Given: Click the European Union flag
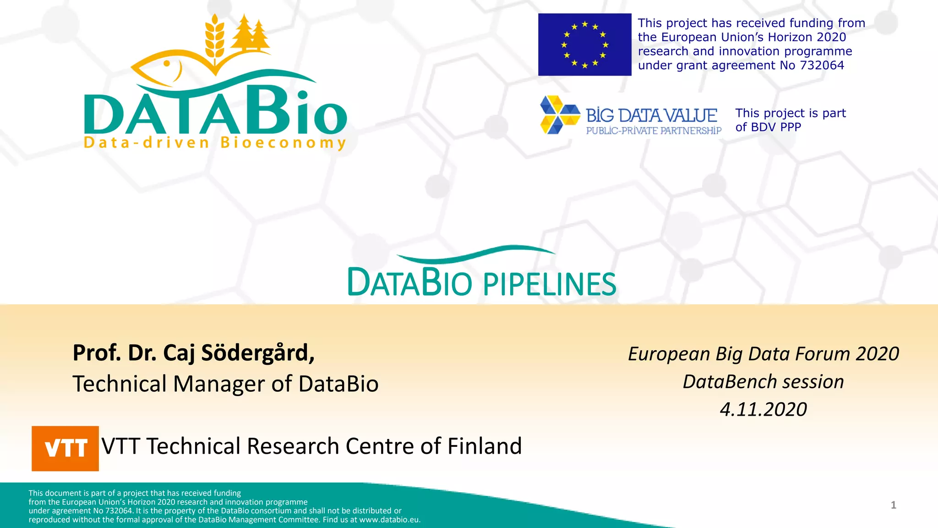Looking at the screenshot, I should [x=584, y=44].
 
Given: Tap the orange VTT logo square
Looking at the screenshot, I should [x=65, y=448].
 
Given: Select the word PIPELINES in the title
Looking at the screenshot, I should [x=550, y=284].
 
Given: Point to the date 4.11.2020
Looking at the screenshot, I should [x=763, y=409].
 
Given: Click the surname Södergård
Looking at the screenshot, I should [x=258, y=353].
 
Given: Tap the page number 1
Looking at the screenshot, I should [x=893, y=505].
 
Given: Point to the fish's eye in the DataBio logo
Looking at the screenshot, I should [x=167, y=64].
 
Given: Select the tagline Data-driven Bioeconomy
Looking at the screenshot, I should [x=214, y=143].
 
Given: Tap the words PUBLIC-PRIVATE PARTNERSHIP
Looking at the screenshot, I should [x=654, y=131].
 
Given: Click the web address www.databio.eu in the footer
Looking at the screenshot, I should [x=389, y=520].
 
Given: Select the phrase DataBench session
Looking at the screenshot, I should [x=763, y=382].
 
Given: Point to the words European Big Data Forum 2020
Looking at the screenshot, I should [x=763, y=354].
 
